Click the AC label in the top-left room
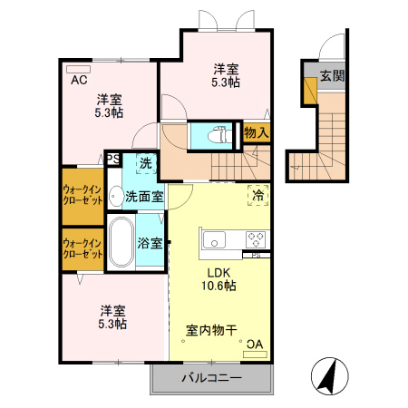[x=79, y=79]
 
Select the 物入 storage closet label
[x=257, y=134]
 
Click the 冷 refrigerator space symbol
[x=257, y=194]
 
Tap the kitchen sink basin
[x=215, y=239]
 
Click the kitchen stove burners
[x=256, y=239]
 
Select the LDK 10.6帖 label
[x=218, y=278]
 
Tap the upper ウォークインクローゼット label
[x=82, y=196]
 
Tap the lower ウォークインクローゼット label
[x=82, y=248]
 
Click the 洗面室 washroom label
[x=143, y=195]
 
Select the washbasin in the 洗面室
[x=116, y=195]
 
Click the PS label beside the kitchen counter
[x=257, y=255]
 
